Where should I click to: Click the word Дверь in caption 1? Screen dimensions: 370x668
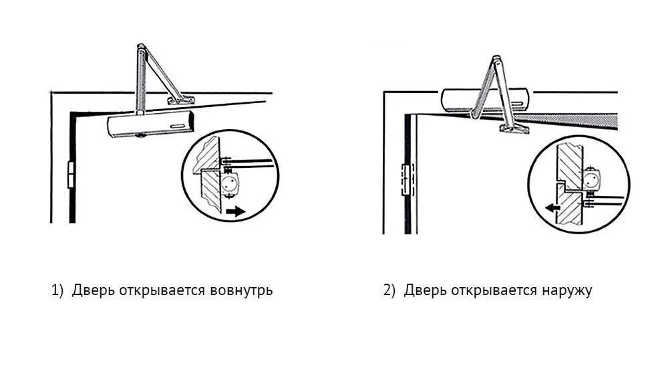click(x=94, y=291)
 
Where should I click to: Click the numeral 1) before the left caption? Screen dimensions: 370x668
click(x=57, y=291)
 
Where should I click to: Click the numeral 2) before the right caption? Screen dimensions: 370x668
click(x=389, y=291)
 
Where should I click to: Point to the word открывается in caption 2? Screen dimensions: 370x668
click(x=493, y=291)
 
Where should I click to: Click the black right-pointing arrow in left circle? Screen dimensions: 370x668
click(x=236, y=211)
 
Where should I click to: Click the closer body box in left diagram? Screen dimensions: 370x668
click(x=150, y=125)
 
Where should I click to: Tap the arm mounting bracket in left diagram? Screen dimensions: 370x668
click(x=180, y=100)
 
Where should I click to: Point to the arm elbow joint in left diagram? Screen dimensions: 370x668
click(x=140, y=49)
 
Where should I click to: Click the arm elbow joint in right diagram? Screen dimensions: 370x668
click(x=495, y=61)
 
